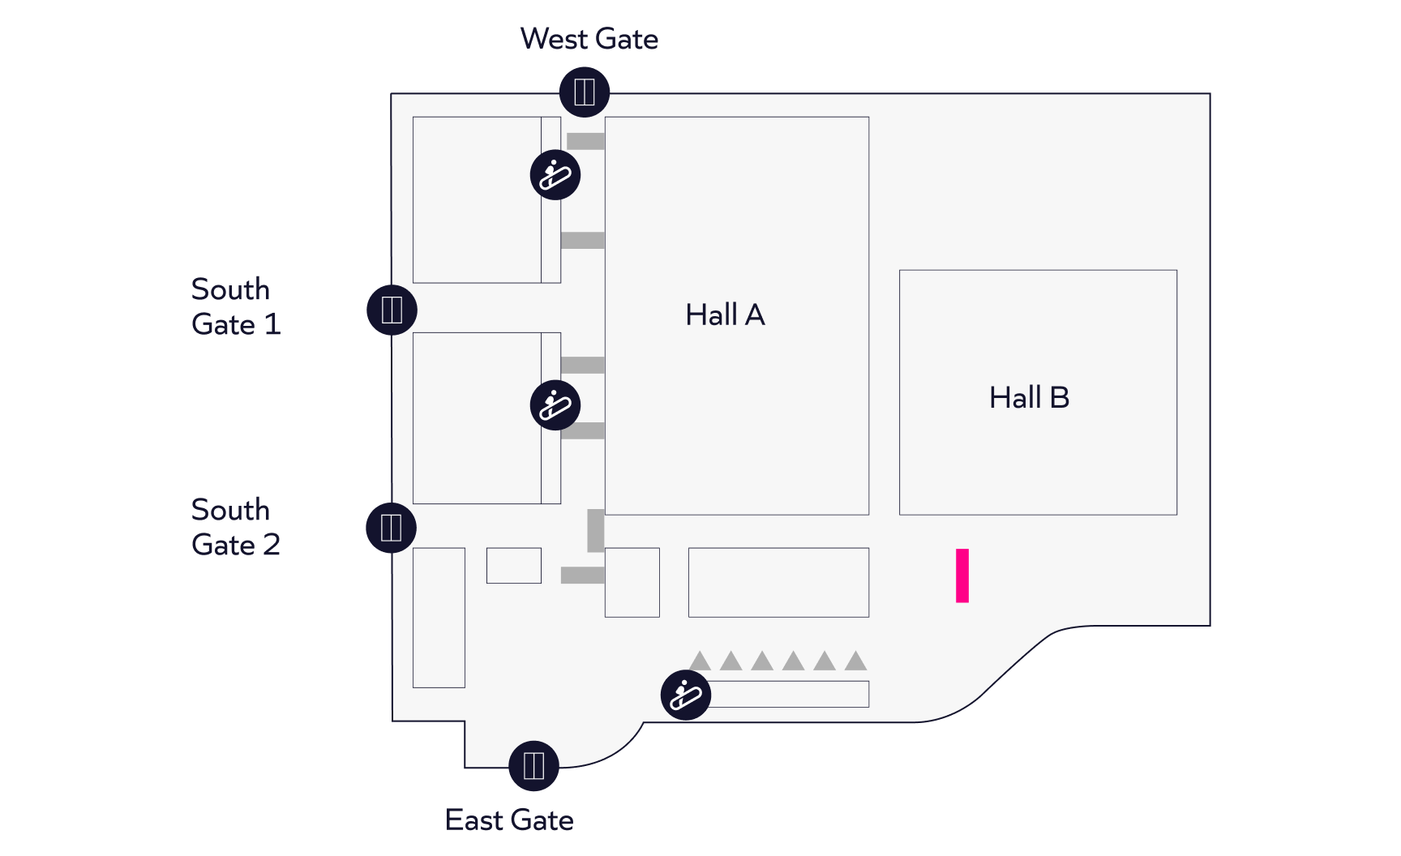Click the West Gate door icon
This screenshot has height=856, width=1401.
coord(584,92)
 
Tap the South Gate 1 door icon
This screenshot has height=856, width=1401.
coord(392,310)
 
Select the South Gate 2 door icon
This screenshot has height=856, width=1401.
coord(391,528)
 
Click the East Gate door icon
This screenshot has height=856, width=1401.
coord(533,765)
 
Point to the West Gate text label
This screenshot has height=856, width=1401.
coord(589,39)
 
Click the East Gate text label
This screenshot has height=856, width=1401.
coord(509,820)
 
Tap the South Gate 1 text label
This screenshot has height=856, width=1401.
coord(236,306)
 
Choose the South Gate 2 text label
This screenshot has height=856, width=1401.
coord(236,527)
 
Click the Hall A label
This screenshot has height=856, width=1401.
coord(725,315)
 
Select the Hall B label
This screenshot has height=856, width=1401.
coord(1030,397)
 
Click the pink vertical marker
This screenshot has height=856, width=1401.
coord(962,576)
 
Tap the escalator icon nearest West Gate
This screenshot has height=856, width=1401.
coord(555,174)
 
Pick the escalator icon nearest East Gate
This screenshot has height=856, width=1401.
coord(686,695)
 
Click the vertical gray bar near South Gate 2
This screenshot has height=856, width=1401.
coord(596,530)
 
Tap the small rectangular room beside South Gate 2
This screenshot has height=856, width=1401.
coord(514,566)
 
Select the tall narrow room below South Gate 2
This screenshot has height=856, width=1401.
coord(439,618)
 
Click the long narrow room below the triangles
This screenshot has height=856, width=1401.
coord(788,694)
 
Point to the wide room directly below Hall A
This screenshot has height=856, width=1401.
coord(778,583)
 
